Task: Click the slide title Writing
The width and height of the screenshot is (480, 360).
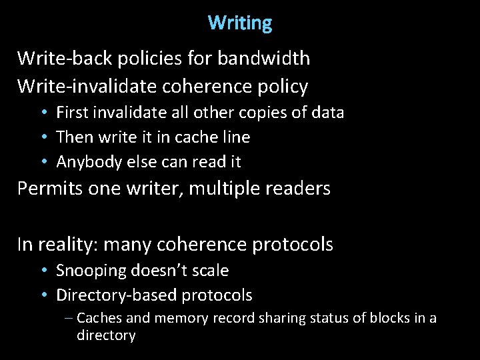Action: [240, 23]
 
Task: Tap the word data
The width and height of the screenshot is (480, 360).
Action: [328, 113]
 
